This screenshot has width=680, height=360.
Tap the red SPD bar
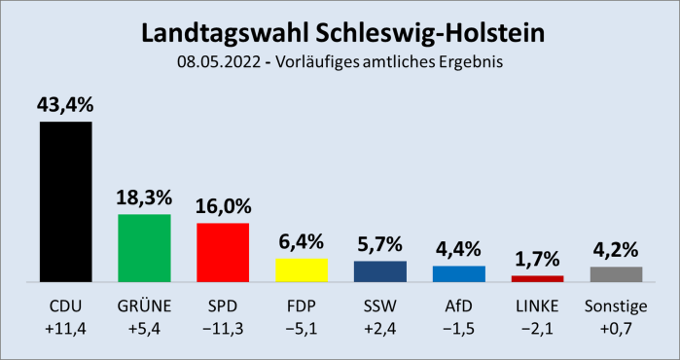(x=223, y=252)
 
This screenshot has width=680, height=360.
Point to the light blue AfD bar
(x=458, y=273)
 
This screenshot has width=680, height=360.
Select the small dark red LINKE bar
(x=537, y=278)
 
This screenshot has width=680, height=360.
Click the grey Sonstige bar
(x=616, y=273)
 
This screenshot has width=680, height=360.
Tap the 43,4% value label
(x=65, y=104)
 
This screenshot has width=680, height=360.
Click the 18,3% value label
(x=144, y=198)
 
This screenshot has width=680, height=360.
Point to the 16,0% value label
(x=223, y=206)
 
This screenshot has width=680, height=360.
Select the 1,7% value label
(x=537, y=260)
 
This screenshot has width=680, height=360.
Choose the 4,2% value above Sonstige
(x=616, y=250)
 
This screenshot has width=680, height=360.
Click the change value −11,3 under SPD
(x=223, y=328)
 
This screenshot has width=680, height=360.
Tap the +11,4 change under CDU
(x=65, y=328)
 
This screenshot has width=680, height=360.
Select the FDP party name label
(x=302, y=307)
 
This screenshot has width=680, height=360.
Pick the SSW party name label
(x=379, y=307)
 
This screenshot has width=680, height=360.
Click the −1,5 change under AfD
(x=458, y=328)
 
